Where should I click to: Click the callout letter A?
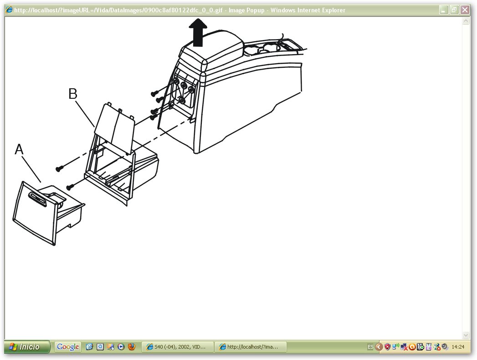tap(19, 149)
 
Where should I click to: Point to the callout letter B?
tap(73, 94)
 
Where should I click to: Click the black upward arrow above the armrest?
tap(198, 32)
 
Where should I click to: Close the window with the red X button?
tap(465, 10)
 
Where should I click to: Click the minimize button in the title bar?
tap(444, 10)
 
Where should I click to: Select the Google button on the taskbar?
tap(68, 347)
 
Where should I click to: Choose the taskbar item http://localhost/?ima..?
tap(250, 347)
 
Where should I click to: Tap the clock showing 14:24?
tap(458, 347)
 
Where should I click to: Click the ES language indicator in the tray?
tap(370, 347)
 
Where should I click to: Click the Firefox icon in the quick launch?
tap(131, 347)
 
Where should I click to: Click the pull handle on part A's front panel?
tap(38, 199)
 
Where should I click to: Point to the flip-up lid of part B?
tap(115, 127)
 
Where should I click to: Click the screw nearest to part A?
tap(70, 187)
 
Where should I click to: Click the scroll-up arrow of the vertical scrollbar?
tap(466, 21)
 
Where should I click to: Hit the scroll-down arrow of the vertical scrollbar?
tap(466, 335)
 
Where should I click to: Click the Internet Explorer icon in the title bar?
tap(9, 10)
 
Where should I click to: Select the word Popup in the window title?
tap(255, 10)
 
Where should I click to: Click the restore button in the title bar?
tap(454, 10)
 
